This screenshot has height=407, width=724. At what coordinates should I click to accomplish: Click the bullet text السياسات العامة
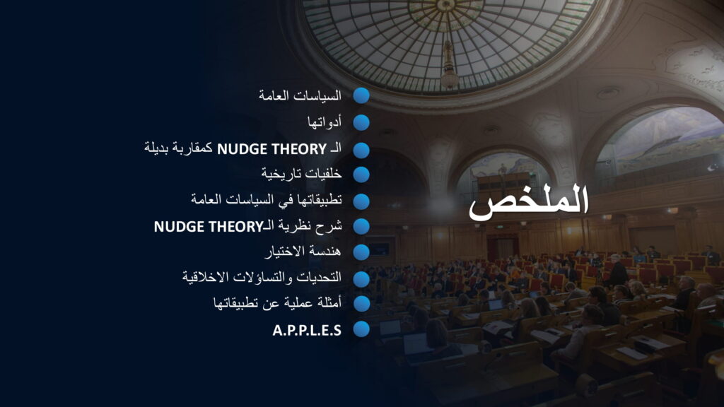click(300, 95)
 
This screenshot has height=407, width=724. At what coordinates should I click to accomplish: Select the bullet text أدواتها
click(324, 122)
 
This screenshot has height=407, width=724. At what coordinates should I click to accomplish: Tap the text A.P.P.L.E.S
click(307, 331)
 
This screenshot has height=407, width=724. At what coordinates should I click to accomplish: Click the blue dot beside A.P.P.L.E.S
click(361, 329)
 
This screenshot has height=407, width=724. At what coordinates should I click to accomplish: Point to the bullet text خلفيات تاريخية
click(301, 174)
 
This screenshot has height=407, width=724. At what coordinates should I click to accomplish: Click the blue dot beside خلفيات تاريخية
click(361, 175)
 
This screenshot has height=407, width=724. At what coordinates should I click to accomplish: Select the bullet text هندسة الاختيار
click(303, 252)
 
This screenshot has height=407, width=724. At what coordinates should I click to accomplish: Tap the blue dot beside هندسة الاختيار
click(361, 252)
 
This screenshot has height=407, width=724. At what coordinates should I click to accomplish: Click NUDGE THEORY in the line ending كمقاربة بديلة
click(272, 149)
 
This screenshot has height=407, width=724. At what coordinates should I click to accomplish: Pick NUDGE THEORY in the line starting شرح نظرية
click(209, 227)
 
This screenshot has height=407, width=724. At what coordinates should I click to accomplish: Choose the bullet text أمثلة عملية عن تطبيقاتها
click(277, 303)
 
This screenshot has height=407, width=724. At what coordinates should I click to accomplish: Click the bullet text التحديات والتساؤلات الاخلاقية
click(262, 277)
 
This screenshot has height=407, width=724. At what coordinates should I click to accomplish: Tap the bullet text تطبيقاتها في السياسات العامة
click(267, 199)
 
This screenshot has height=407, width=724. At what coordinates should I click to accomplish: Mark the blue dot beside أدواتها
click(361, 123)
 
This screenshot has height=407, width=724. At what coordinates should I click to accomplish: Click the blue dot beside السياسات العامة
click(361, 95)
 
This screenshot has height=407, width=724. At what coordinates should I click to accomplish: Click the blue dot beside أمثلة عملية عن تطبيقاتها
click(361, 304)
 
